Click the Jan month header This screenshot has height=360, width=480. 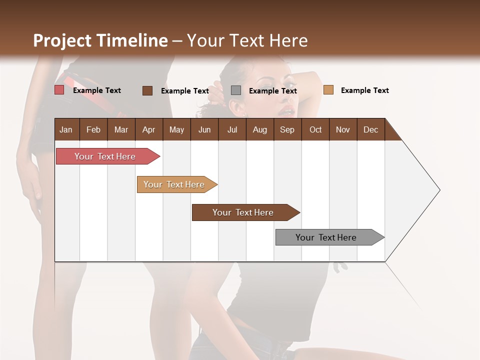[x=66, y=129]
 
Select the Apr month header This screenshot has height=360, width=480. [x=148, y=129]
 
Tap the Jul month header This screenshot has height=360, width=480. [x=232, y=129]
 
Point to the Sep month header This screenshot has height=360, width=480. [x=287, y=129]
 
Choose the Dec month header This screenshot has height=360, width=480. [x=370, y=129]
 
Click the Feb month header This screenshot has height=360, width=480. [x=93, y=129]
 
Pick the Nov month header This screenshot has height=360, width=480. [x=342, y=129]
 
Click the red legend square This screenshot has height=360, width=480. [x=59, y=90]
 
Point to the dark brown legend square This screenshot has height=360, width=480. [x=147, y=90]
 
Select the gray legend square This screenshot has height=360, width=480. [x=236, y=90]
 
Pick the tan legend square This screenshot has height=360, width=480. [x=328, y=90]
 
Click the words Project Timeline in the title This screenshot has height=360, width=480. [x=100, y=40]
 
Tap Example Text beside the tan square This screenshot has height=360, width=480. [x=364, y=90]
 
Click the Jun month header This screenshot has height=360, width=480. [x=204, y=129]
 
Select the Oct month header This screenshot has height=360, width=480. [x=315, y=129]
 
